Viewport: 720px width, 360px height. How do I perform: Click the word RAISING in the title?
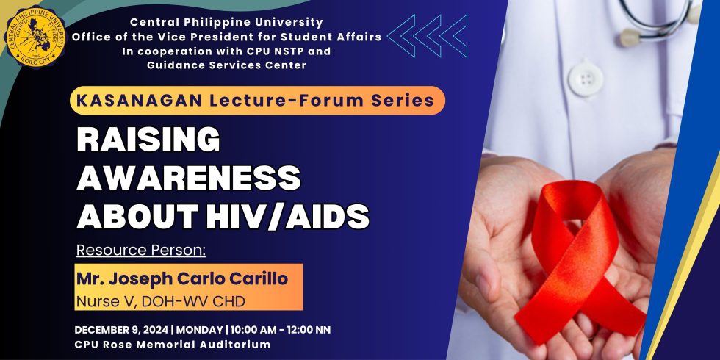(148, 140)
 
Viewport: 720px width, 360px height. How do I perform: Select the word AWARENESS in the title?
(189, 178)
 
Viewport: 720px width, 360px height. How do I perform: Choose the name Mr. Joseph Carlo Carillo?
(182, 278)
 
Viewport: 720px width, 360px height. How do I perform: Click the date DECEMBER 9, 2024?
(121, 329)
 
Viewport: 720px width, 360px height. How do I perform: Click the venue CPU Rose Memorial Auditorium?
(172, 344)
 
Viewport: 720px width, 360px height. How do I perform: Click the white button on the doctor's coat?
(586, 76)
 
